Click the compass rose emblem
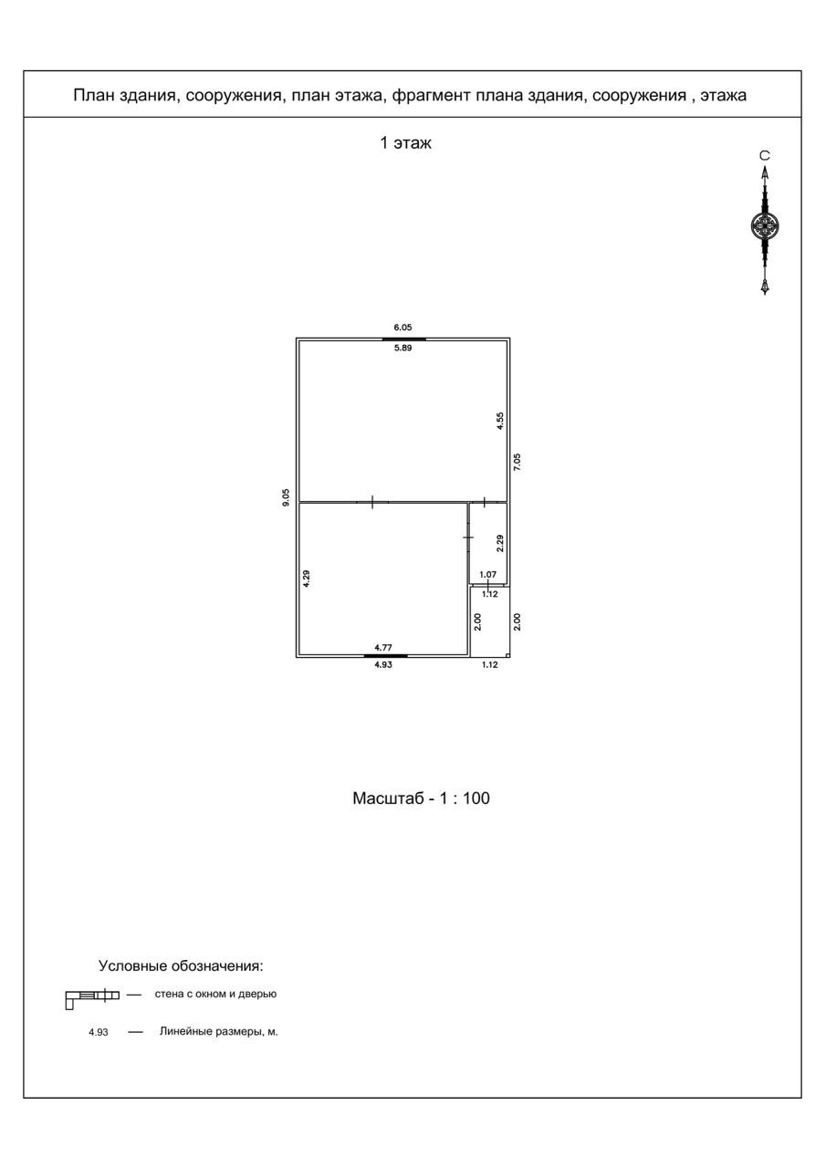[x=765, y=224]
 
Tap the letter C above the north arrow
[x=765, y=156]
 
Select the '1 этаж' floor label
[x=406, y=143]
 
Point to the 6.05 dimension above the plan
[x=403, y=327]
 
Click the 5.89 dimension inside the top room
[x=403, y=349]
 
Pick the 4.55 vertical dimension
[x=499, y=421]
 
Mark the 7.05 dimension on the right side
[x=518, y=462]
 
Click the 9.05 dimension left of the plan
[x=287, y=497]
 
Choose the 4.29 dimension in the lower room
[x=307, y=579]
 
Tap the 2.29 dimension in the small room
[x=499, y=543]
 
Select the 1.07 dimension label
[x=488, y=575]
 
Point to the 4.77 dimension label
[x=385, y=646]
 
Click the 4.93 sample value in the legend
[x=99, y=1033]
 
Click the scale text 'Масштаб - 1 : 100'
[x=422, y=798]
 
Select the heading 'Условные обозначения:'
[x=181, y=965]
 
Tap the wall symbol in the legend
[x=92, y=996]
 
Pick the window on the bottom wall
[x=385, y=656]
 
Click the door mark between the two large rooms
[x=372, y=501]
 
